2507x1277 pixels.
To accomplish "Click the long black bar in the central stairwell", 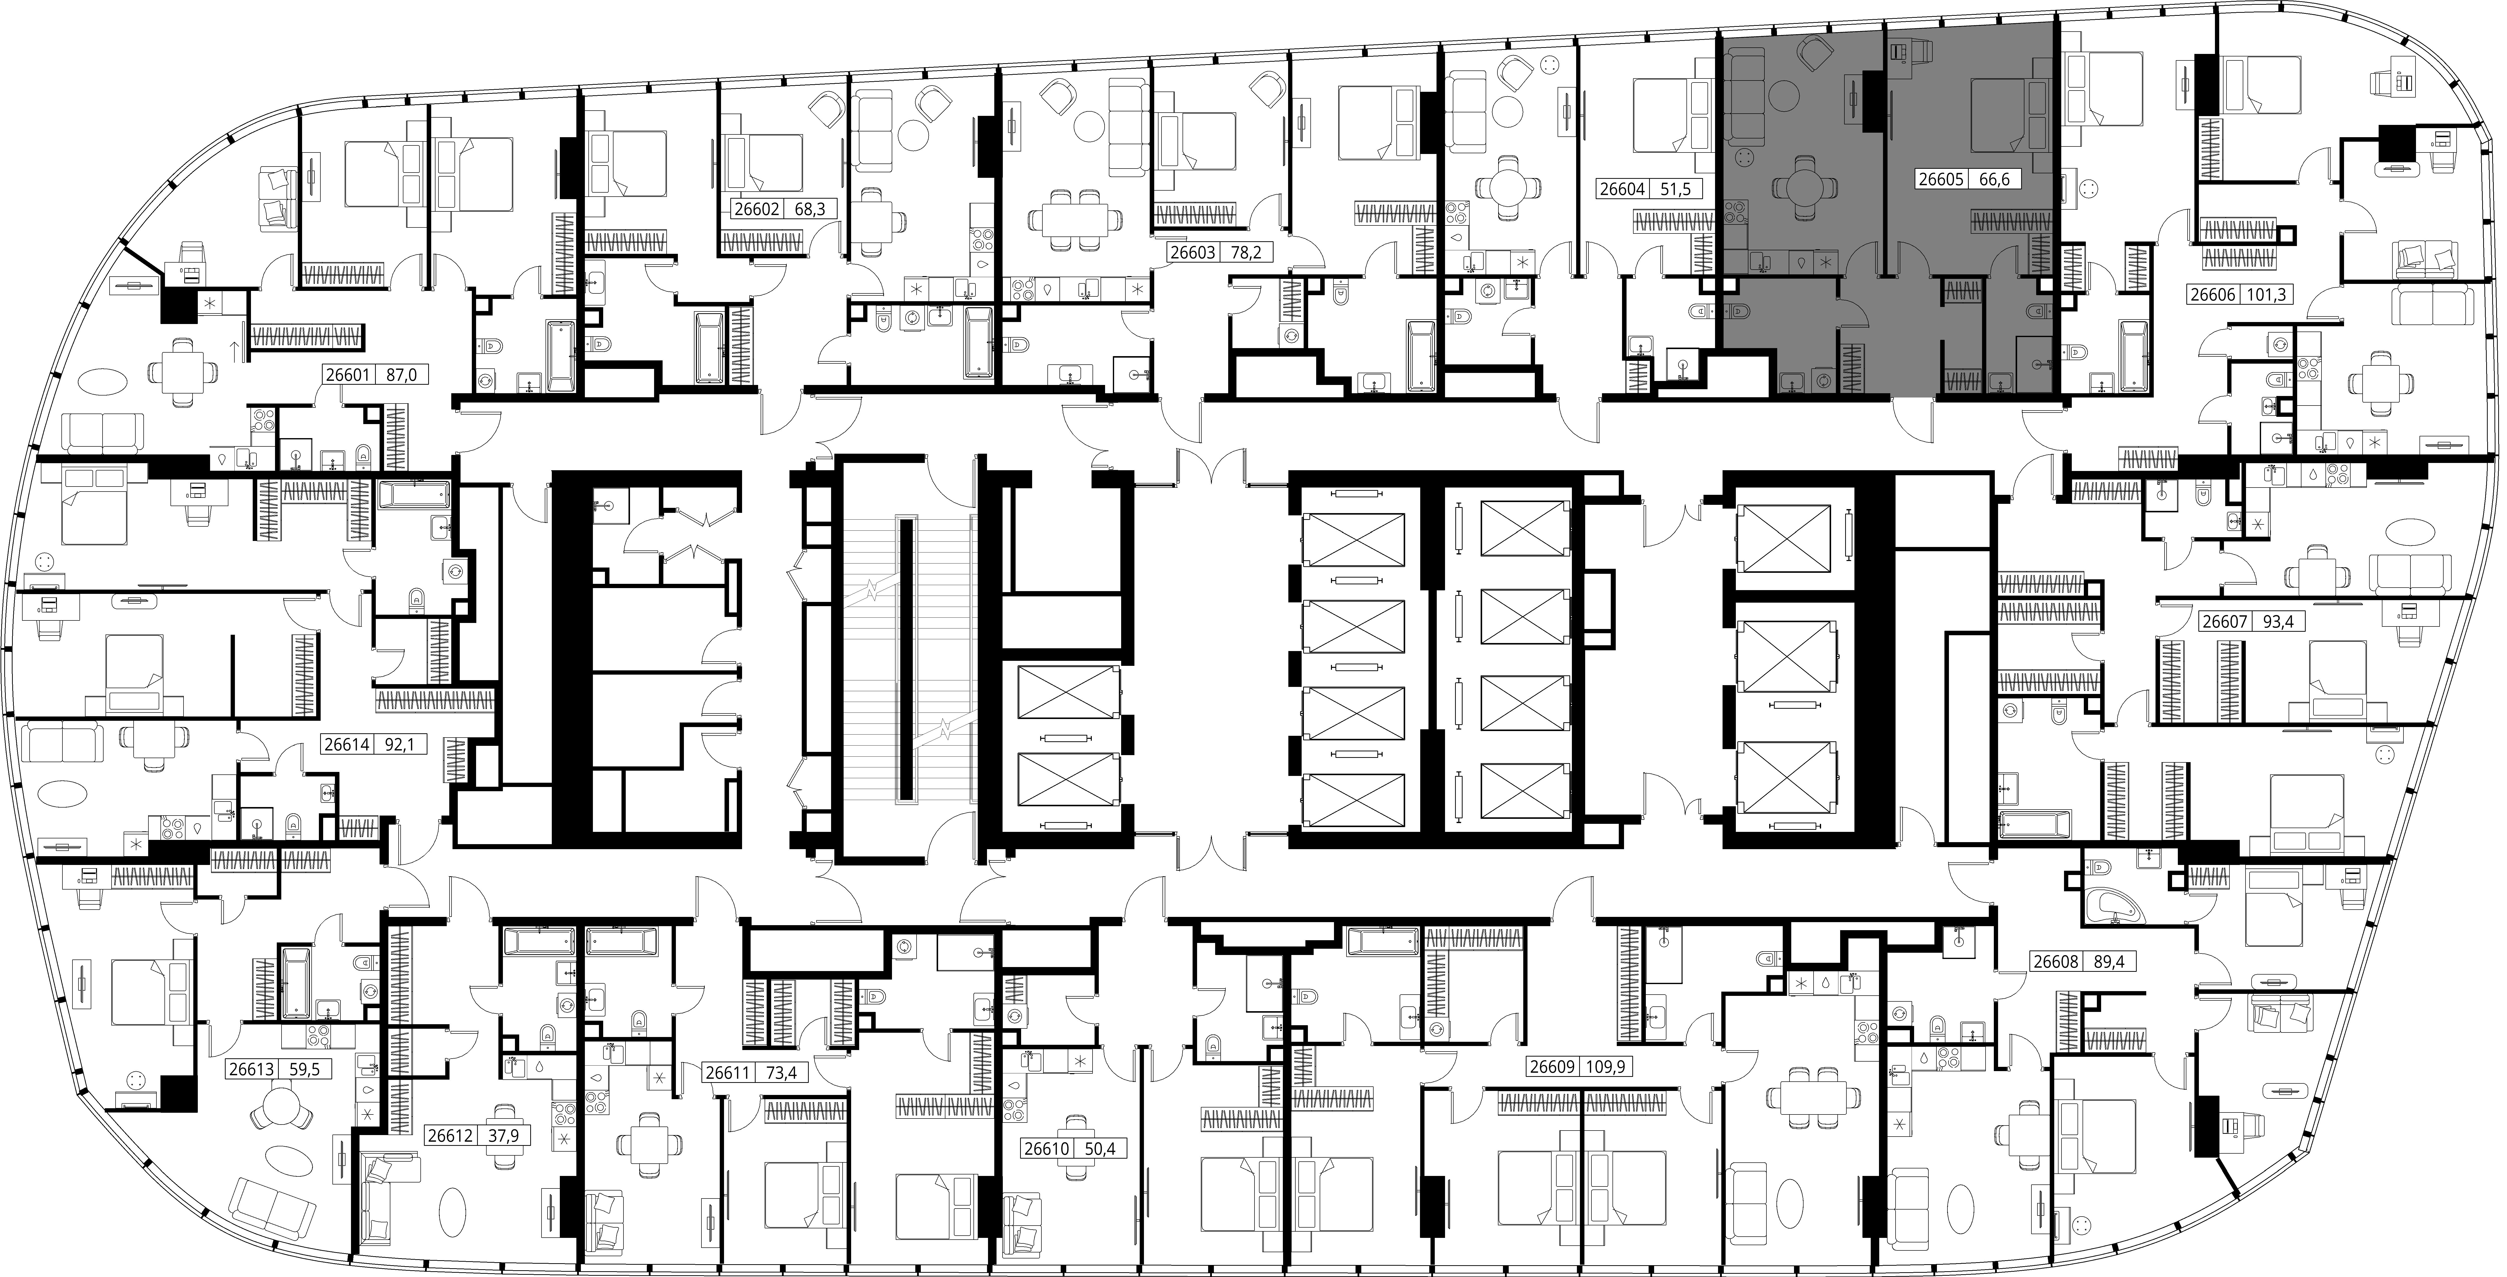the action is (x=905, y=660).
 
